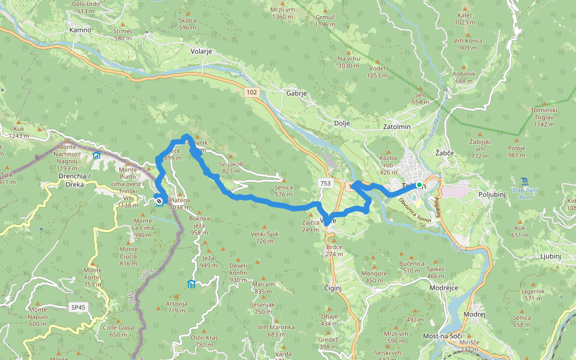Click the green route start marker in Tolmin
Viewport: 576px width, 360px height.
[x=419, y=185]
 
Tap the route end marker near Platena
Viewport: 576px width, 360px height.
[x=158, y=202]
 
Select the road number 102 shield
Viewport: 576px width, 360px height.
[x=251, y=92]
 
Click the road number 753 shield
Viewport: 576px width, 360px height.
[x=325, y=183]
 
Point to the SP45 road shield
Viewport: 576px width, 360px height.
[x=79, y=307]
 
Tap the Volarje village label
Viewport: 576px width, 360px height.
[x=202, y=52]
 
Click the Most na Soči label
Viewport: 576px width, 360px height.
[x=445, y=336]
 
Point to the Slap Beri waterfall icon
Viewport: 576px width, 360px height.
[x=526, y=181]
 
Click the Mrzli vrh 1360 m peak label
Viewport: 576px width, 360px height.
[x=282, y=13]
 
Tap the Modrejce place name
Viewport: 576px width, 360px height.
[x=444, y=287]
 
